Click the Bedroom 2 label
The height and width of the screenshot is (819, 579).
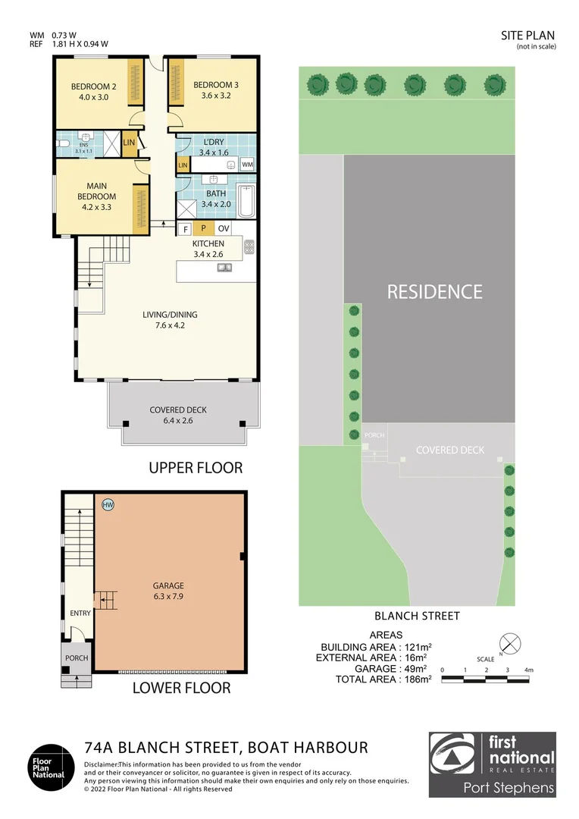(94, 85)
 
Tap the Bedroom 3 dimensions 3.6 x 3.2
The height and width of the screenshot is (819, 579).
(216, 97)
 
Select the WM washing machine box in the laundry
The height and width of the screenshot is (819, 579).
(247, 165)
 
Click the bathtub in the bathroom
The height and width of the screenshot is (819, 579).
(246, 199)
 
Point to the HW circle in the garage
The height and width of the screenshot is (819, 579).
(108, 504)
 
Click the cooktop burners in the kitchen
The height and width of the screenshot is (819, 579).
(249, 247)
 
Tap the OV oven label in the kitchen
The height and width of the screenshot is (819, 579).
(223, 228)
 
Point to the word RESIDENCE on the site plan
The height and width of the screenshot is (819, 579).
(434, 292)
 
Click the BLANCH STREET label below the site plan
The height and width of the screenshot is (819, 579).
(417, 617)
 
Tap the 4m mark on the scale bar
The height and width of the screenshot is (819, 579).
(529, 670)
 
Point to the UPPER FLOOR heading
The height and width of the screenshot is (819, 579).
(196, 468)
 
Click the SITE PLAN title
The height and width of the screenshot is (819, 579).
(528, 35)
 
